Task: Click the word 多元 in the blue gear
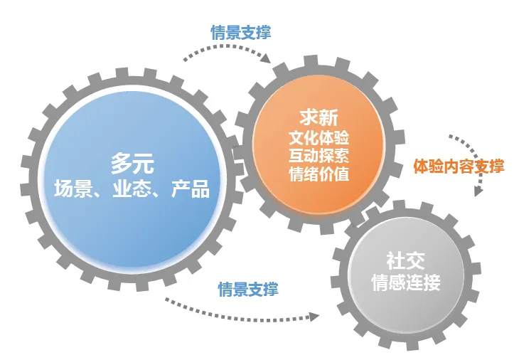[132, 164]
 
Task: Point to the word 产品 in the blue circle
[191, 189]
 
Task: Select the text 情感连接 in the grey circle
[406, 282]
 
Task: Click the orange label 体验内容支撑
[459, 167]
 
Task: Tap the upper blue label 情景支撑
[240, 33]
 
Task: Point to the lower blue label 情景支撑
[247, 289]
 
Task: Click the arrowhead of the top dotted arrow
[266, 59]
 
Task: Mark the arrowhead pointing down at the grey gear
[478, 191]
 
